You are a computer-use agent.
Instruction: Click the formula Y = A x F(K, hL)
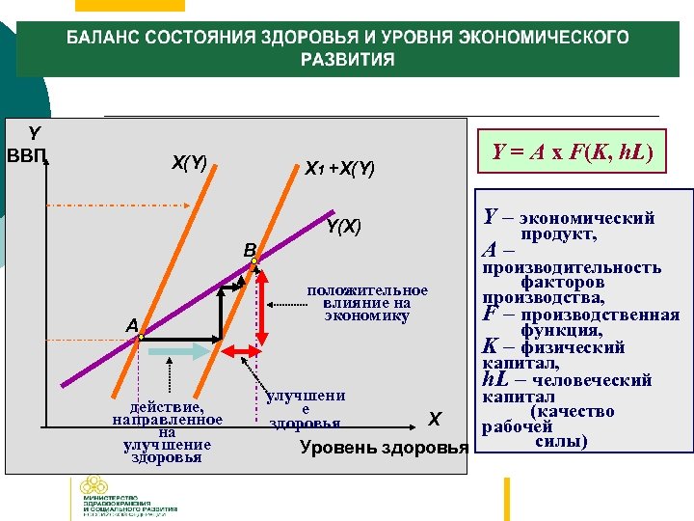coord(573,152)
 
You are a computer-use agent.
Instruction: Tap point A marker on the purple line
coord(140,338)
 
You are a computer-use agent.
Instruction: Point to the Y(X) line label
coord(343,228)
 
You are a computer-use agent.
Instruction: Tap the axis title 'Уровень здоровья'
coord(384,448)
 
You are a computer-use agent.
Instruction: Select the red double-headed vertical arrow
coord(259,316)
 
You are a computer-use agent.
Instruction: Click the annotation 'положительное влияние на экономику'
coord(366,303)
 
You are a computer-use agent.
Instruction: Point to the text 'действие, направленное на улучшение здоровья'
coord(168,432)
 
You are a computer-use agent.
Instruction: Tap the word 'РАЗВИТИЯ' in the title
coord(348,61)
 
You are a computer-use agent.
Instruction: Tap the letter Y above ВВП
coord(35,132)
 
